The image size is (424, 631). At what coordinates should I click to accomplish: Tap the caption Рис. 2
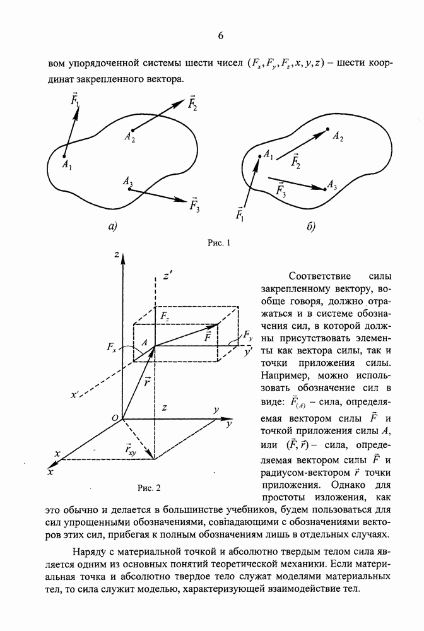pyautogui.click(x=150, y=487)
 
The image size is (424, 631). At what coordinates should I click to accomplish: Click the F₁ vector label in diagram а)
pyautogui.click(x=75, y=101)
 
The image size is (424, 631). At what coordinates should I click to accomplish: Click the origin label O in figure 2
pyautogui.click(x=115, y=418)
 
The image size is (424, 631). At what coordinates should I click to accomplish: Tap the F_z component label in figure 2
pyautogui.click(x=164, y=314)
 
